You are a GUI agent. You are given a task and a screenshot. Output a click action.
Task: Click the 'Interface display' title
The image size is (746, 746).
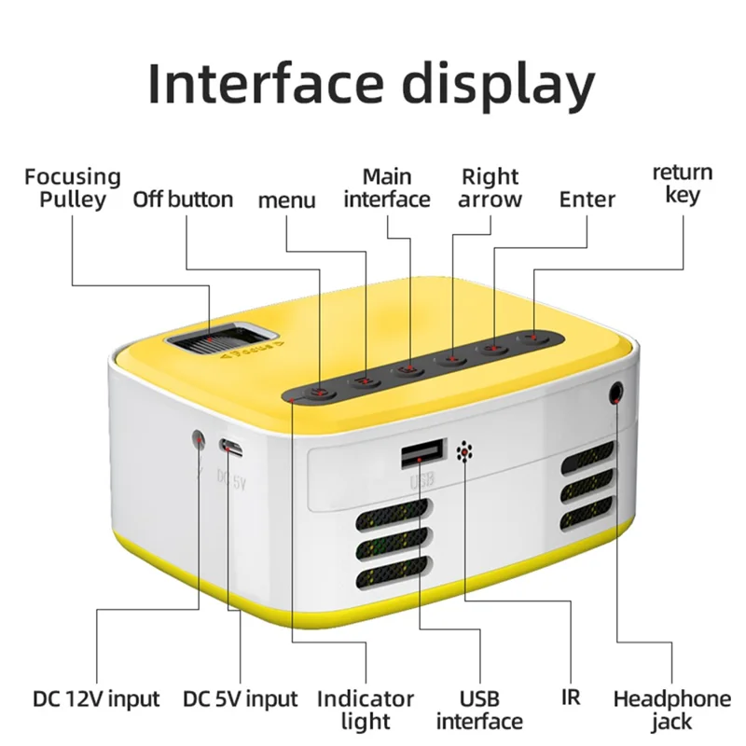pos(371,84)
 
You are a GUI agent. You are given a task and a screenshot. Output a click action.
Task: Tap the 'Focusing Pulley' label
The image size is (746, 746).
pos(73,186)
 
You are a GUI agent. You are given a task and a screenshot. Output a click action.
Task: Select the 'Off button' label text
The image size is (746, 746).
pos(183,199)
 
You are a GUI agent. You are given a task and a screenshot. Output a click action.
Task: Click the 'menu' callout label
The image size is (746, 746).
pos(286,200)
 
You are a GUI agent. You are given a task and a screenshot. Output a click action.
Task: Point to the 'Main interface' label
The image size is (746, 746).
pos(387,186)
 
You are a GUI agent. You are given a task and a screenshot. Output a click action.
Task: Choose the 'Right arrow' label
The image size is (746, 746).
pos(490,186)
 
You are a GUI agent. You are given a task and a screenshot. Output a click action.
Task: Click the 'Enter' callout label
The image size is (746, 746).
pos(587,199)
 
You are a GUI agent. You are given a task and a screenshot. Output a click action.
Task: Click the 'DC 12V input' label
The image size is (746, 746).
pos(96,698)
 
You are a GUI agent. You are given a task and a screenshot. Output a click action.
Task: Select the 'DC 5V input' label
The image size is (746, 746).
pos(240,698)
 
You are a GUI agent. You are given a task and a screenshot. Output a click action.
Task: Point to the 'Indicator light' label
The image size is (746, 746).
pos(366,709)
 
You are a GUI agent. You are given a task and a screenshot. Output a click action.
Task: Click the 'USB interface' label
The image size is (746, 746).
pos(479,709)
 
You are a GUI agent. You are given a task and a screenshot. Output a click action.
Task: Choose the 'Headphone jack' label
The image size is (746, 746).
pos(671,709)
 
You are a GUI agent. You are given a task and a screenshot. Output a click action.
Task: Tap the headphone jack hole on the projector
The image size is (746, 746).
pos(616,392)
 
